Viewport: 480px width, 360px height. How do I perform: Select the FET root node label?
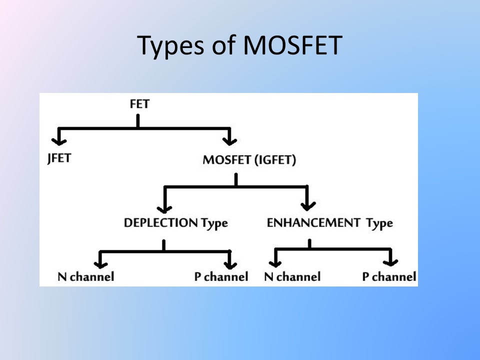[x=139, y=104]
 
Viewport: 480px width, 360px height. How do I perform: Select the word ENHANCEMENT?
[x=313, y=222]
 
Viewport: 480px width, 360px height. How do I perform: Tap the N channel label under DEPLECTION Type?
[x=85, y=276]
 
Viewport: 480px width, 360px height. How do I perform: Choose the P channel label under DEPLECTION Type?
[x=221, y=276]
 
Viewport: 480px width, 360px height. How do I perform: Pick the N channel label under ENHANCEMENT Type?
[x=292, y=276]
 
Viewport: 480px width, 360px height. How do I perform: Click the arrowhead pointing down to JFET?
[x=59, y=138]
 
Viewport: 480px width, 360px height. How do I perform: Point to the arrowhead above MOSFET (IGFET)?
[x=229, y=138]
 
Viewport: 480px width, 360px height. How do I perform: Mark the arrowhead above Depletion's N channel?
[x=100, y=261]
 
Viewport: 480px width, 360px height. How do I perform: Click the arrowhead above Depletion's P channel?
[x=230, y=261]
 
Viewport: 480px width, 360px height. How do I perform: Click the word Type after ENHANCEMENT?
[x=379, y=223]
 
